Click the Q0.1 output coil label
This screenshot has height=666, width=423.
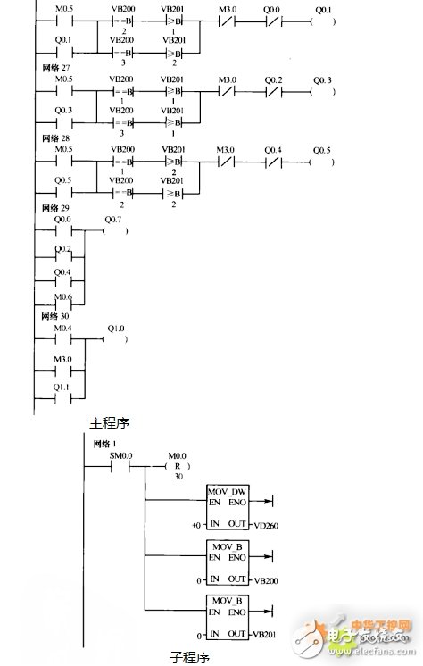322,10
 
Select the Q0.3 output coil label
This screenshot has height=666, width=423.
322,81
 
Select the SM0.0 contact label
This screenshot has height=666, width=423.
120,455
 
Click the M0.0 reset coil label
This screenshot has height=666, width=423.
178,456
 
